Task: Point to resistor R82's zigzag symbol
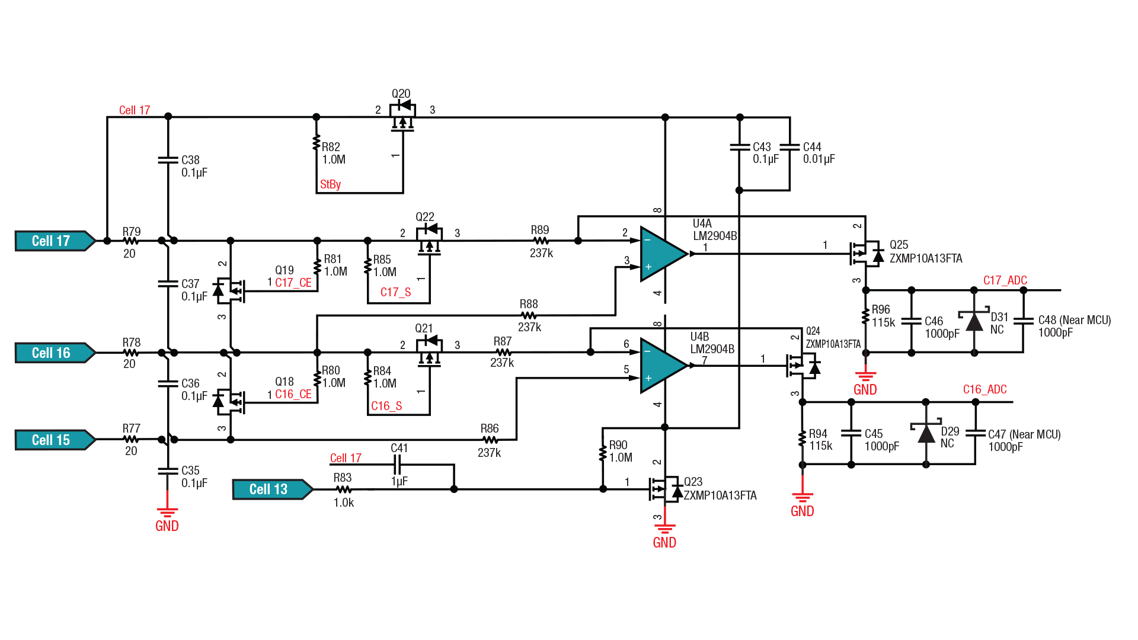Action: click(x=317, y=143)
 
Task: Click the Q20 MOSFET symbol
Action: click(x=402, y=115)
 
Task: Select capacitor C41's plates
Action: click(x=399, y=465)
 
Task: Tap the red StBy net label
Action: click(x=330, y=184)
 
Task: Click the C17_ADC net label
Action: click(x=1005, y=280)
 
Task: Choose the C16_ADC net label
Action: click(x=984, y=389)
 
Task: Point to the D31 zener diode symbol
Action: click(x=974, y=321)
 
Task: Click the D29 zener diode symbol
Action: click(x=926, y=433)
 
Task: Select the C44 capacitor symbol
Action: click(x=789, y=147)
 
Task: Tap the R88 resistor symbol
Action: click(x=529, y=316)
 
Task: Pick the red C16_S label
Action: click(x=386, y=406)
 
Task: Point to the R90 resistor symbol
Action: click(x=603, y=453)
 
